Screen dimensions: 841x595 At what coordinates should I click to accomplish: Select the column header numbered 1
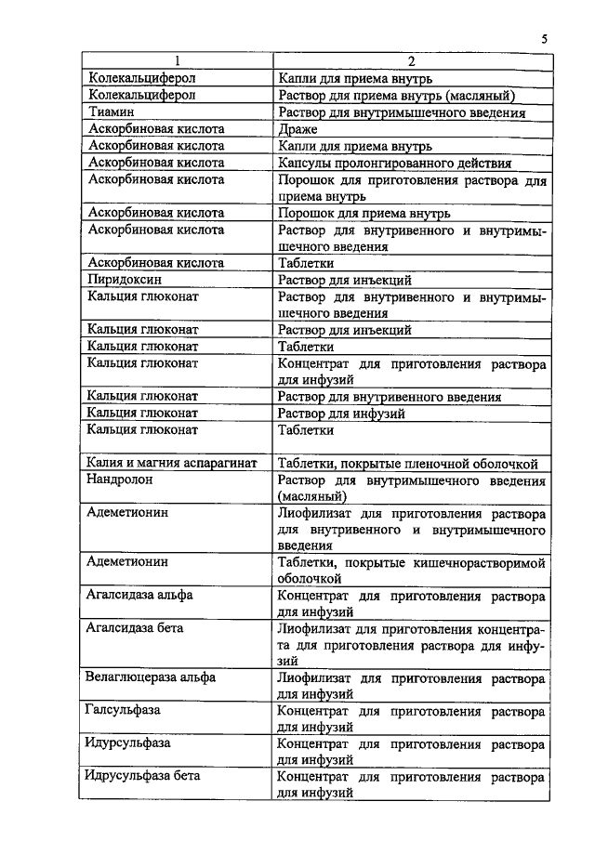coord(177,62)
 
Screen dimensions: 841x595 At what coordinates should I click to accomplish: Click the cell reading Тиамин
coord(109,112)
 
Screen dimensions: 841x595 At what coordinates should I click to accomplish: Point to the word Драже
coord(298,129)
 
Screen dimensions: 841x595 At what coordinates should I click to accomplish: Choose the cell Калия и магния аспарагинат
coord(172,463)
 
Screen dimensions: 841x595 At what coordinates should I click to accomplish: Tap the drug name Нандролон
coord(121,480)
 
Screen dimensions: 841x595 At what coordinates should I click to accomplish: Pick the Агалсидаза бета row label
coord(135,628)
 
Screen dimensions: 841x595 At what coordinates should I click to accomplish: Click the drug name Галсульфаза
coord(124,711)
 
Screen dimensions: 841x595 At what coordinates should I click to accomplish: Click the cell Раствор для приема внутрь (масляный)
coord(397,96)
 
